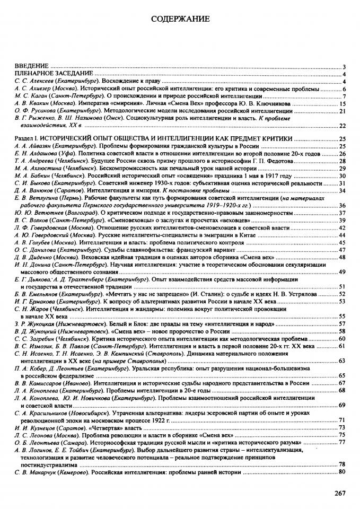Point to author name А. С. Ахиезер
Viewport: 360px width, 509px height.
(32, 89)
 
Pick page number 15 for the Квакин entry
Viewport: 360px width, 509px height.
(342, 104)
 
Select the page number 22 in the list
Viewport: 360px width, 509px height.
(342, 126)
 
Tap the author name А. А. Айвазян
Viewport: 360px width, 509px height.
(32, 146)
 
